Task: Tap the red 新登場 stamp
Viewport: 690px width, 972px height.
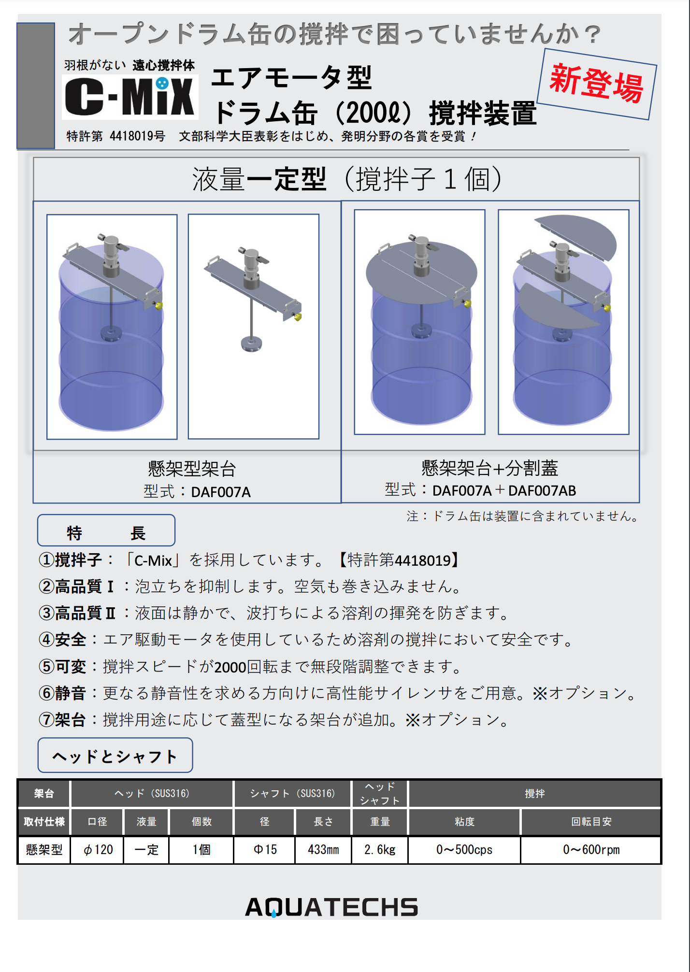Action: (597, 84)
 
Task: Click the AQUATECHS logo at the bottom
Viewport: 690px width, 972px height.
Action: (331, 907)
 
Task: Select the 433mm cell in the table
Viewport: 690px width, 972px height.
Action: (323, 850)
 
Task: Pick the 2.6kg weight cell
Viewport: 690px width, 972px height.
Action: (380, 850)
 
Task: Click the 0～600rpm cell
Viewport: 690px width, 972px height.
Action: (591, 850)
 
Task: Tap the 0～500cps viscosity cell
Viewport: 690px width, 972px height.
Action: (464, 850)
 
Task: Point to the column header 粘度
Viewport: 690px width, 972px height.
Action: (464, 822)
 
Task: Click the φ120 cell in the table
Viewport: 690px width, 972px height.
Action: (98, 850)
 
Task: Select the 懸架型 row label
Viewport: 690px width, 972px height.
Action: (44, 850)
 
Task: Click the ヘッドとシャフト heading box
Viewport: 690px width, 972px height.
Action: (115, 756)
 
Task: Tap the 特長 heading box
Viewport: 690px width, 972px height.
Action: (106, 531)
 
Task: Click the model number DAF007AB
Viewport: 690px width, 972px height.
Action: (542, 491)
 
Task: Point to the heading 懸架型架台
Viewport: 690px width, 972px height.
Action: (192, 469)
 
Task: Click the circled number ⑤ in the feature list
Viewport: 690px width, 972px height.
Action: (46, 667)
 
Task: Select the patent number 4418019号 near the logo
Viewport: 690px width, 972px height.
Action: (137, 136)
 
